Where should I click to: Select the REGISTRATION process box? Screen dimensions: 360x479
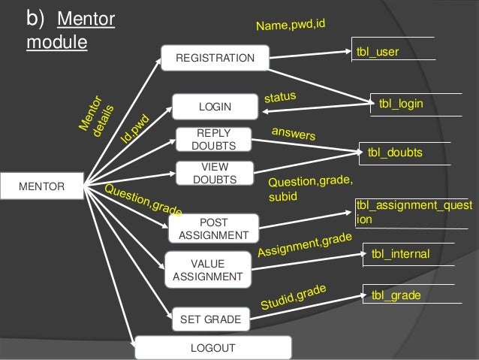(215, 58)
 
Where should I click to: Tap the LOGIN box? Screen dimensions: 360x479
(215, 107)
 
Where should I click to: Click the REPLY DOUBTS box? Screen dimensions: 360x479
(214, 139)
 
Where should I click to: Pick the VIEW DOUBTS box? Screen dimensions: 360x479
(214, 173)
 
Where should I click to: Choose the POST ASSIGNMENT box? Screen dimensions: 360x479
(214, 228)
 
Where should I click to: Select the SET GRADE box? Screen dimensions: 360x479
(210, 319)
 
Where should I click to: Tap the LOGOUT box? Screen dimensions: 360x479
(213, 347)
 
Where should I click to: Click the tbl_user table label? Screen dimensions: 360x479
(378, 52)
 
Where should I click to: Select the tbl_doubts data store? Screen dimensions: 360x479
(395, 153)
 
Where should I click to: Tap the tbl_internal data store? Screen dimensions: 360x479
(400, 254)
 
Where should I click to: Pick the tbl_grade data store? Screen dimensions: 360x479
(396, 295)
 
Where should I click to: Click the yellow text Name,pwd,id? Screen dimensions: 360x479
(291, 26)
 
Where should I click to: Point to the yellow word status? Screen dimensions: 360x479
(281, 97)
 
